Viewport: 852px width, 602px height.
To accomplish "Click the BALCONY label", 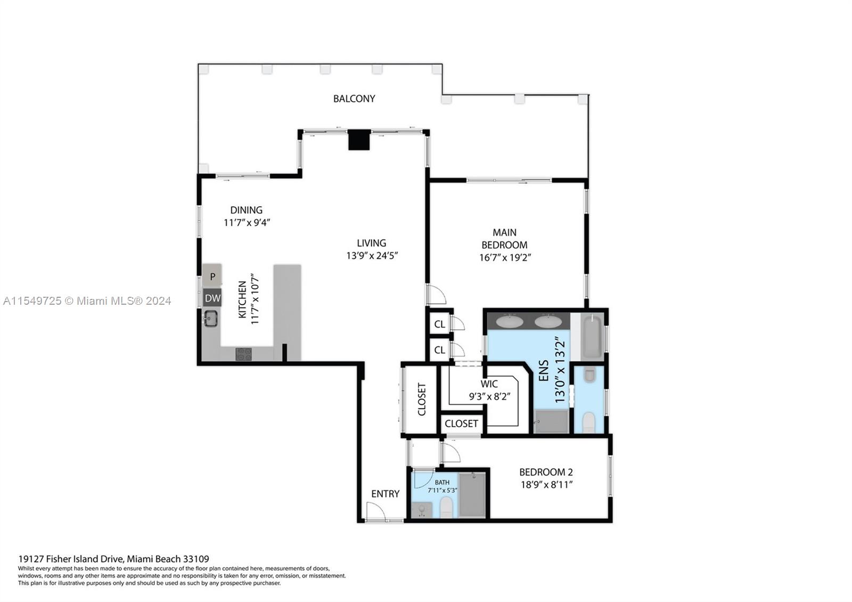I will coord(354,99).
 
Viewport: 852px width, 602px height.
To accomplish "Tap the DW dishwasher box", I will coord(212,298).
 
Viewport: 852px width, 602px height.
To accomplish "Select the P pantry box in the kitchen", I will coord(212,276).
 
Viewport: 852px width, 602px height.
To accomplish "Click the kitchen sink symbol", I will coord(211,319).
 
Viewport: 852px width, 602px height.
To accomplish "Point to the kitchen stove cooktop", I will coord(243,354).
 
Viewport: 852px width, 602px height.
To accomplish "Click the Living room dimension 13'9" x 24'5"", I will coord(372,256).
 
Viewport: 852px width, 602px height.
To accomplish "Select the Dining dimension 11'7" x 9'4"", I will coord(247,223).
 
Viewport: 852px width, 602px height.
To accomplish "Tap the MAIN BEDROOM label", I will coord(504,239).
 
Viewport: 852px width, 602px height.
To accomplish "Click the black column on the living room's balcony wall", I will coord(359,140).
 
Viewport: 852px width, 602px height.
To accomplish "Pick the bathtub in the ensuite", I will coord(592,337).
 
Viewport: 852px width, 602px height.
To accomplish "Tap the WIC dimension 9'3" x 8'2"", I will coord(489,396).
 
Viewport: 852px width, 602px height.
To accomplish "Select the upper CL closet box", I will coord(440,324).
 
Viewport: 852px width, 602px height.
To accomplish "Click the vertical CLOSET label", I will coord(422,400).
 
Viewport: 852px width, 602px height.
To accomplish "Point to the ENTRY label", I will coord(385,494).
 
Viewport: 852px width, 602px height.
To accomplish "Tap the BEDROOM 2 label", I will coord(546,472).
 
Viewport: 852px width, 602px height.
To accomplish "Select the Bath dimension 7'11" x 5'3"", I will coord(442,490).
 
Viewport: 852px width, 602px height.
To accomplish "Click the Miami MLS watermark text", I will coord(87,301).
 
